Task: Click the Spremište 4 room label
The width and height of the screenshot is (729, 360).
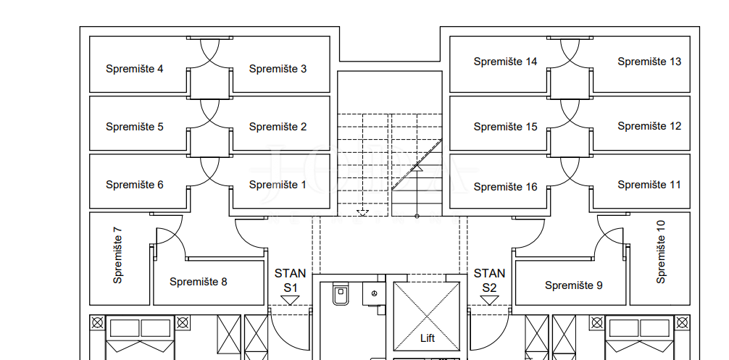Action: click(x=134, y=69)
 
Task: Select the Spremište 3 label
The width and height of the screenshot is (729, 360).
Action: click(x=278, y=69)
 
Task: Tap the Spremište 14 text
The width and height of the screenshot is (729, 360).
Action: click(x=505, y=62)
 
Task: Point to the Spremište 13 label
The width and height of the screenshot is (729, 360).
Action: click(x=649, y=62)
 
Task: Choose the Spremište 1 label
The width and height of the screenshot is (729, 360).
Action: click(x=278, y=185)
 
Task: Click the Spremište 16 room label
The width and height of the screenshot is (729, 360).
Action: click(x=505, y=187)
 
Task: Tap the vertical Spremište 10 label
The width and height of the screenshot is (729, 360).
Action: click(x=661, y=252)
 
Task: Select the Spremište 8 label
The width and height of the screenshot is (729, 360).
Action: click(x=198, y=282)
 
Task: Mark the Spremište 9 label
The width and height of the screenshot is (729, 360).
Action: click(x=574, y=285)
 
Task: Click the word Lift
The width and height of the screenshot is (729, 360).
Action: click(x=428, y=338)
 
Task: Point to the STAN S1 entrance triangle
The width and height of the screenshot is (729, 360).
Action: click(x=290, y=301)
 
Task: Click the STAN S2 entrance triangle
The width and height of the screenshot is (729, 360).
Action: click(x=489, y=301)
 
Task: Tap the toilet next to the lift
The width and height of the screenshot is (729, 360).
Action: click(x=341, y=293)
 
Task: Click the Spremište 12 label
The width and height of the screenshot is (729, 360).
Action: click(x=649, y=126)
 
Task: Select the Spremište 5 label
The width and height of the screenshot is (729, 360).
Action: click(x=134, y=127)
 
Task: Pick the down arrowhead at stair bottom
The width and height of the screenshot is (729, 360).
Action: click(x=362, y=213)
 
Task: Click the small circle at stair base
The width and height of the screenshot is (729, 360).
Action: click(x=417, y=216)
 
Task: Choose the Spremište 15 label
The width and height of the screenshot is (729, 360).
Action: click(x=505, y=127)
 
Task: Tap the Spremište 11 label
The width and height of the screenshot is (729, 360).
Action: click(x=649, y=185)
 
